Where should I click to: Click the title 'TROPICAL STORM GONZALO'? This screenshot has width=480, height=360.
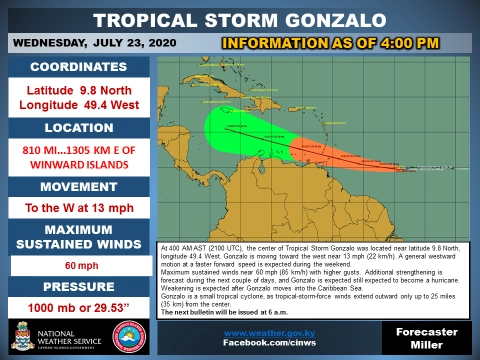click(x=239, y=21)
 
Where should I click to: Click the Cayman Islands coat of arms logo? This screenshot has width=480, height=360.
click(x=24, y=335)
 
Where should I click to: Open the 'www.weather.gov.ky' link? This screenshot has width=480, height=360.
click(x=264, y=331)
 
